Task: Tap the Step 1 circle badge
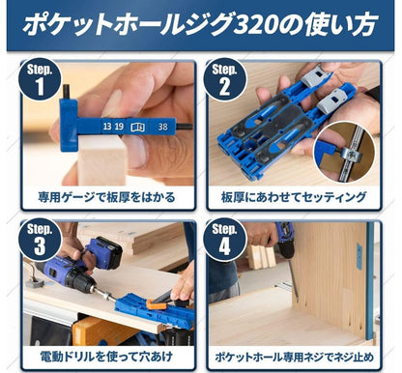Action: point(40,79)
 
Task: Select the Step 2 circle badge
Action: point(224,79)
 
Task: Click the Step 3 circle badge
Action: point(40,239)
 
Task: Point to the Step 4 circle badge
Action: point(224,239)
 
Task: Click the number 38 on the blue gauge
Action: point(162,127)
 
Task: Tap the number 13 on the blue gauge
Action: point(107,127)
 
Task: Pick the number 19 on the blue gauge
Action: point(119,127)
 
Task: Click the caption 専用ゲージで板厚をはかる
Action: point(106,197)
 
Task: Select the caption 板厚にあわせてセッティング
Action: point(294,197)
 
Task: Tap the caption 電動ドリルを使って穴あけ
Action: point(106,357)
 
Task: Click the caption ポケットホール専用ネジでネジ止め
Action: point(294,357)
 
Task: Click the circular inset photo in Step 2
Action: point(345,152)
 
